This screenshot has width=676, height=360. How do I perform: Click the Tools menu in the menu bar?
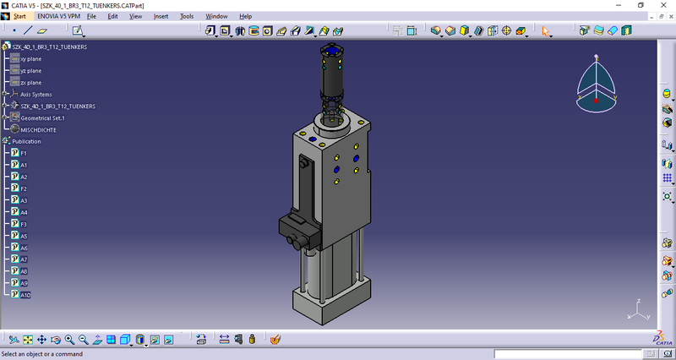pos(187,16)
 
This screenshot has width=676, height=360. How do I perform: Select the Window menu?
pos(216,16)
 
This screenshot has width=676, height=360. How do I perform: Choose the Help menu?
pos(246,16)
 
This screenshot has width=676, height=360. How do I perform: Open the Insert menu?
pos(161,16)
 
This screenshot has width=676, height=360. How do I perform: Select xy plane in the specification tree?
pos(31,59)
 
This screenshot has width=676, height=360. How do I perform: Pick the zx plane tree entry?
pos(31,83)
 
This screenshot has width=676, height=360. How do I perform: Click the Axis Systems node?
pos(36,95)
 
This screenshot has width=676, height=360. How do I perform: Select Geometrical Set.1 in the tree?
pos(42,118)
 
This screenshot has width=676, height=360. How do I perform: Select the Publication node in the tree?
pos(38,141)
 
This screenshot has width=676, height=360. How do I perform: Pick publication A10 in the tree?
pos(25,295)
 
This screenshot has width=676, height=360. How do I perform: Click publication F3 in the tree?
pos(24,224)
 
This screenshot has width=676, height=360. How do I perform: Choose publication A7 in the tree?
pos(24,259)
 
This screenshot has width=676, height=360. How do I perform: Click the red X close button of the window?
pos(663,5)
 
